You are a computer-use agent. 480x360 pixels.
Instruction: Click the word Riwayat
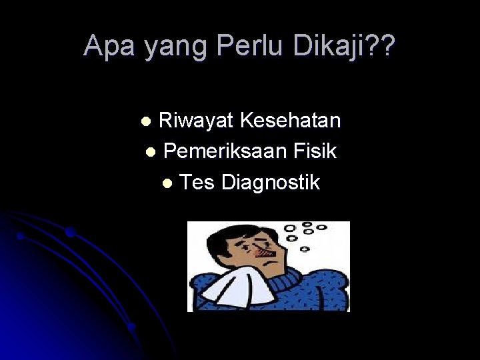[x=196, y=121]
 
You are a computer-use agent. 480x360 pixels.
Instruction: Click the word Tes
[x=197, y=182]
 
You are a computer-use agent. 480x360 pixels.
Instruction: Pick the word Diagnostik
[x=271, y=182]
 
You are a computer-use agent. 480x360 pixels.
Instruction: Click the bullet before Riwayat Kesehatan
[x=149, y=122]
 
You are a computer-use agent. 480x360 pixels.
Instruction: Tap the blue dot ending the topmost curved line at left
[x=70, y=233]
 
